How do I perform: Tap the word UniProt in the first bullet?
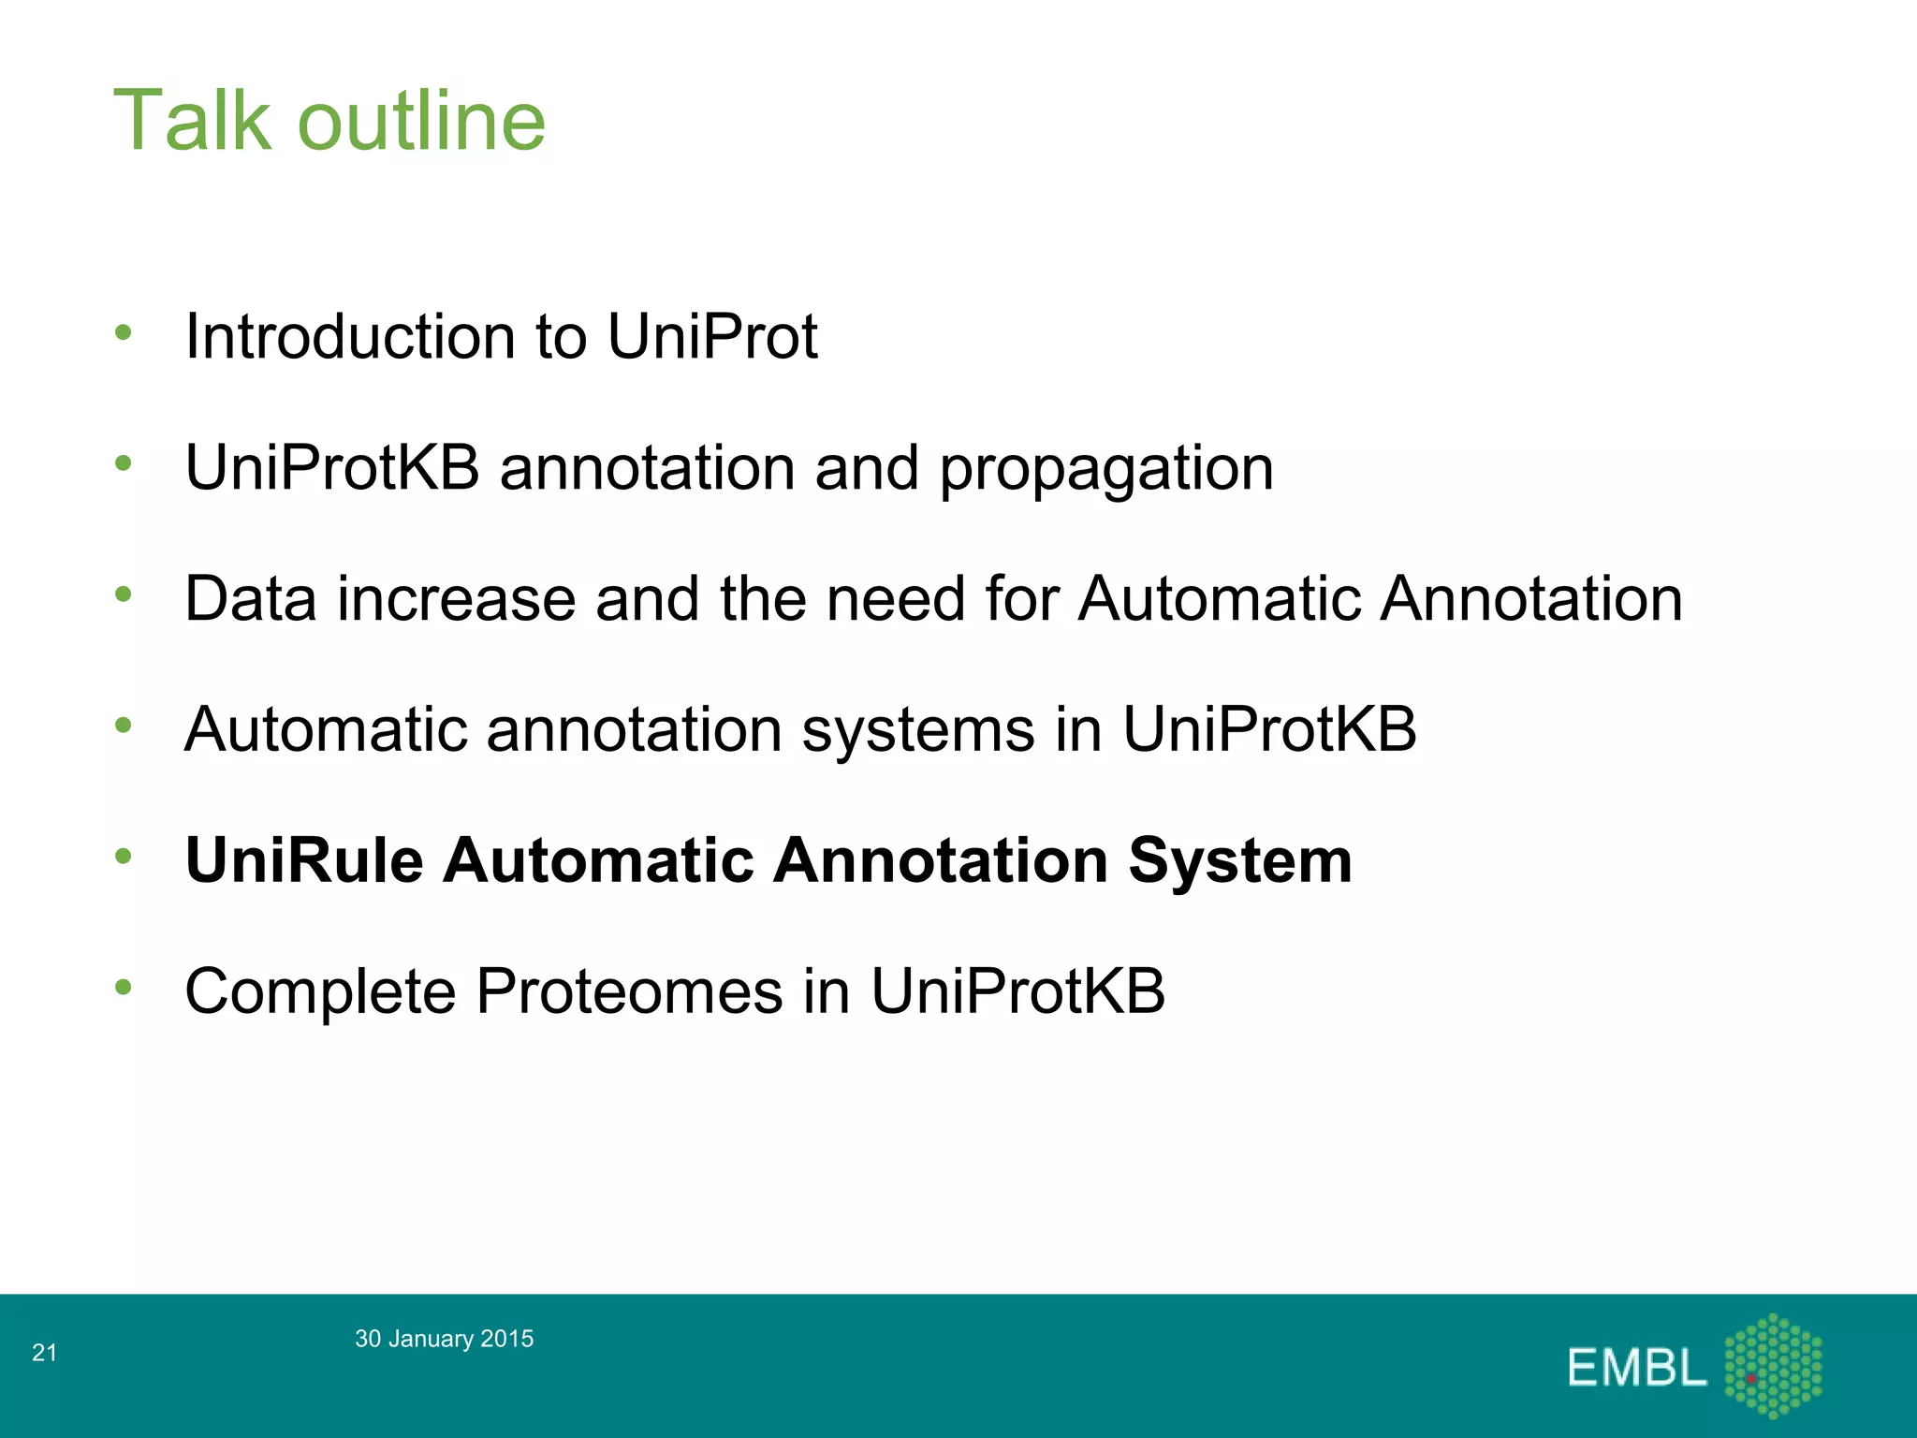tap(712, 336)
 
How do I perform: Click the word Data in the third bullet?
tap(251, 599)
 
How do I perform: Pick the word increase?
tap(456, 599)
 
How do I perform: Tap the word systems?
tap(918, 730)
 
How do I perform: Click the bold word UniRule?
tap(304, 860)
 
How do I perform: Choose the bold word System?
tap(1240, 860)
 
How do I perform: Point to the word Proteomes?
tap(630, 991)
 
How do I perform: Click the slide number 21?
tap(45, 1353)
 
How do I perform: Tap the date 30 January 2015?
tap(444, 1339)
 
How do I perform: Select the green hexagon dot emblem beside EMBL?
tap(1773, 1366)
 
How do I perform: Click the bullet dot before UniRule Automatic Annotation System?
tap(124, 856)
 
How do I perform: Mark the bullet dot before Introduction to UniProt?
tap(124, 331)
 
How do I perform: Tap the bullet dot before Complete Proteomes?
tap(124, 987)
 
